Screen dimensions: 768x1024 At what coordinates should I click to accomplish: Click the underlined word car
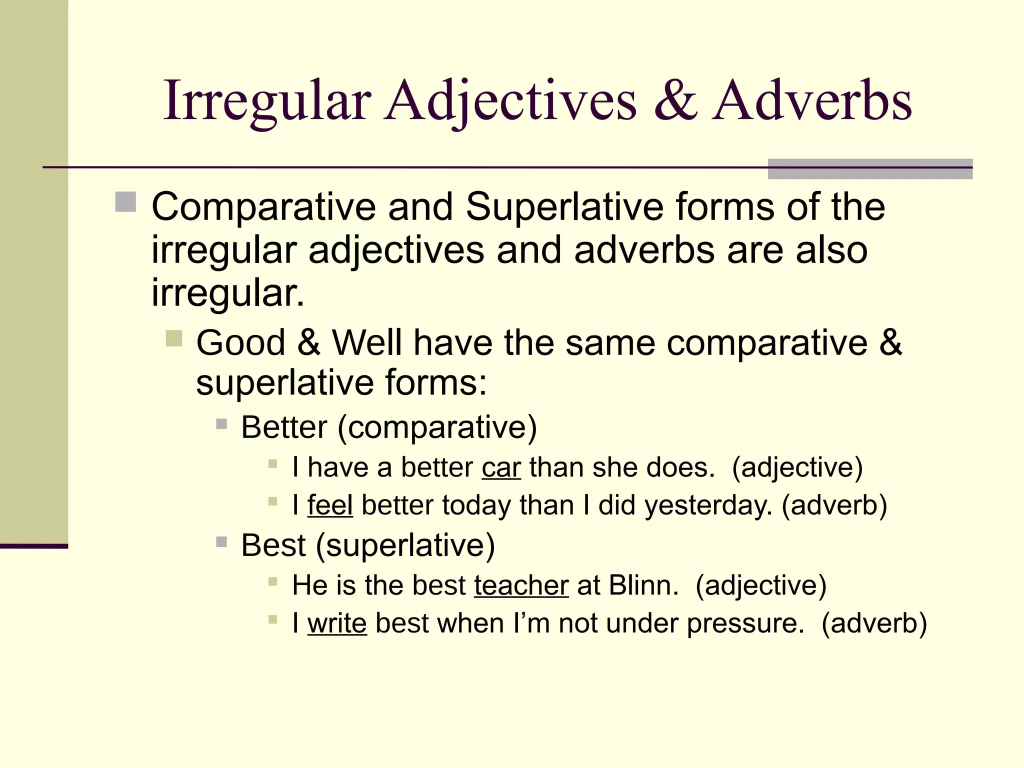tap(501, 467)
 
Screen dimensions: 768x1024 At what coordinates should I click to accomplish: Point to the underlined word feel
tap(330, 505)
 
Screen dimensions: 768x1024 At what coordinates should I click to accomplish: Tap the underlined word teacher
tap(521, 585)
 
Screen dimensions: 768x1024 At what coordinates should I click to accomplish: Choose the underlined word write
tap(337, 623)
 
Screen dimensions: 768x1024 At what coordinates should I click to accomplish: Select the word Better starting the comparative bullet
tap(284, 427)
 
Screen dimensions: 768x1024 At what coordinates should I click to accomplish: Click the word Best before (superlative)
tap(273, 545)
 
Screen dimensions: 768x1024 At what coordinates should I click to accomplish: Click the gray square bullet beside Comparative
tap(125, 202)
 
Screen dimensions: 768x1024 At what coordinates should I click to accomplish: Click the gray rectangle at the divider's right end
tap(870, 169)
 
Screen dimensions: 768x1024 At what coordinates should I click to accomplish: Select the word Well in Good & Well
tap(367, 343)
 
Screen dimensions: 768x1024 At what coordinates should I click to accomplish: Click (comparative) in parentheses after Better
tap(437, 427)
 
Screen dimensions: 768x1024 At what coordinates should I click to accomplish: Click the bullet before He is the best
tap(272, 581)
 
